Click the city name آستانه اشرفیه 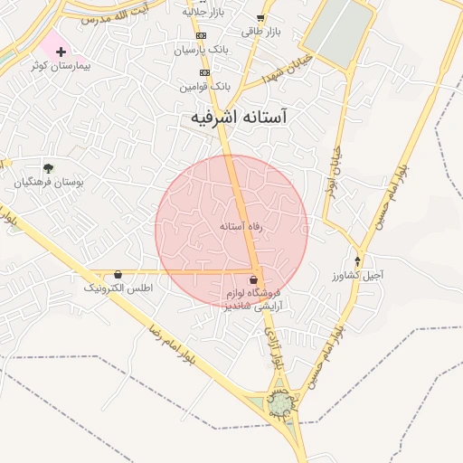[x=240, y=118]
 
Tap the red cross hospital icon [x=61, y=52]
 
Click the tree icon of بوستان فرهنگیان [x=48, y=167]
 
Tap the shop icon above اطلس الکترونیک [x=118, y=274]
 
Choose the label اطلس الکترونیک [x=118, y=288]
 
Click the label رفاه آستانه [x=241, y=227]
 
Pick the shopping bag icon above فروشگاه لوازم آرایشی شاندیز [x=254, y=279]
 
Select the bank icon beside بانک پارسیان [x=201, y=35]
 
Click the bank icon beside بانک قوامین [x=205, y=72]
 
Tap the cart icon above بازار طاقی [x=260, y=18]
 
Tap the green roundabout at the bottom [x=282, y=403]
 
